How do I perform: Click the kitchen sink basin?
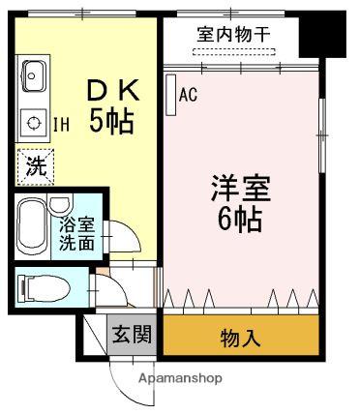34,74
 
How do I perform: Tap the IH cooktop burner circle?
35,124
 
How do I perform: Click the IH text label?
61,124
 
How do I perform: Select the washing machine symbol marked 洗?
35,165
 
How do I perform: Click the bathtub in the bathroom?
35,228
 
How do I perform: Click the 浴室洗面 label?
78,236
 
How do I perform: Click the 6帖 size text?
240,219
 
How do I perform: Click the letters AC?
189,95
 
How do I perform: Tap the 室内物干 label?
234,34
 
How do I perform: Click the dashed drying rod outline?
234,50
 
